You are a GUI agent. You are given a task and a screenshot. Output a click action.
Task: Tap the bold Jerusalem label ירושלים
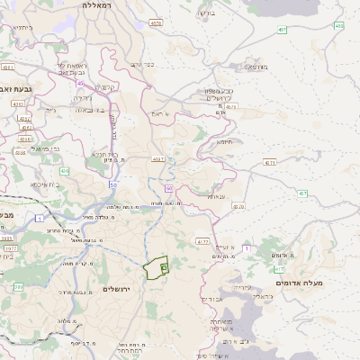[x=117, y=289]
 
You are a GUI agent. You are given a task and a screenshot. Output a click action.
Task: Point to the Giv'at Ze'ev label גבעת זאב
[x=17, y=89]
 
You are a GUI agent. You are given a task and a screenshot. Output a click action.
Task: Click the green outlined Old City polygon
[x=157, y=267]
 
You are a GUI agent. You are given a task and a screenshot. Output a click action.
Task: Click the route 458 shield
[x=339, y=25]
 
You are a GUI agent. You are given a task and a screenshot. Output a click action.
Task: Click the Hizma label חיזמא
[x=224, y=142]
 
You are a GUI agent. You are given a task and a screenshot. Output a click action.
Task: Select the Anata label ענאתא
[x=216, y=195]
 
